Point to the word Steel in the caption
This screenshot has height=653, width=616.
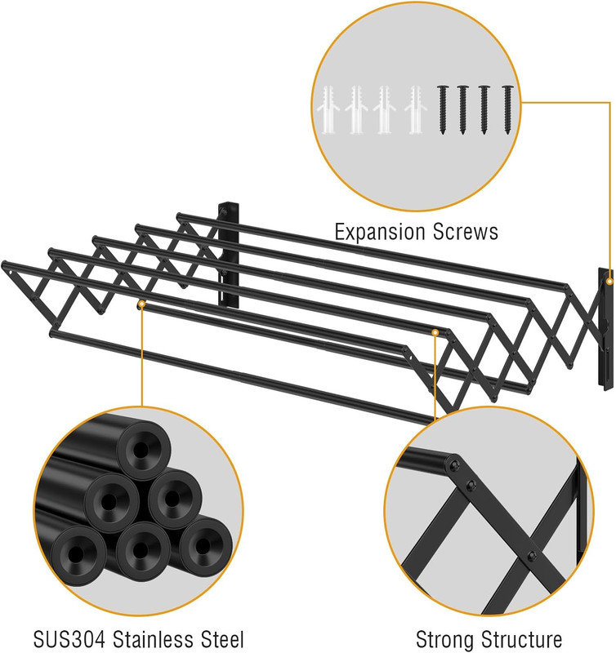(220, 637)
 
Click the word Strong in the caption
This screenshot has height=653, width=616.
(448, 638)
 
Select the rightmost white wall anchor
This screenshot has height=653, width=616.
(413, 110)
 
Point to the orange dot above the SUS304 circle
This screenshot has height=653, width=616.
(141, 304)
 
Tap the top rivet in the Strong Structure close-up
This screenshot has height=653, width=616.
(451, 469)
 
